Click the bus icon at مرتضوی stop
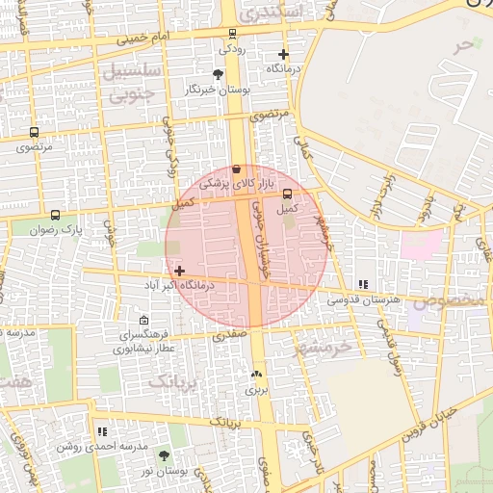tap(35, 133)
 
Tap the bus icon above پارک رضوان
tap(55, 216)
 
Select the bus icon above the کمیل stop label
tap(287, 194)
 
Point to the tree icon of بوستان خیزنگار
tap(219, 74)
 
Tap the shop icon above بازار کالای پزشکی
tap(237, 169)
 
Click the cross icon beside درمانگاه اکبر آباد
tap(180, 272)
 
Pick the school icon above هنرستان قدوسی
tap(363, 285)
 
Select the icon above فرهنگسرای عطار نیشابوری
tap(143, 320)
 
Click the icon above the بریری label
tap(256, 375)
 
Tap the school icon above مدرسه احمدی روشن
tap(102, 431)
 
